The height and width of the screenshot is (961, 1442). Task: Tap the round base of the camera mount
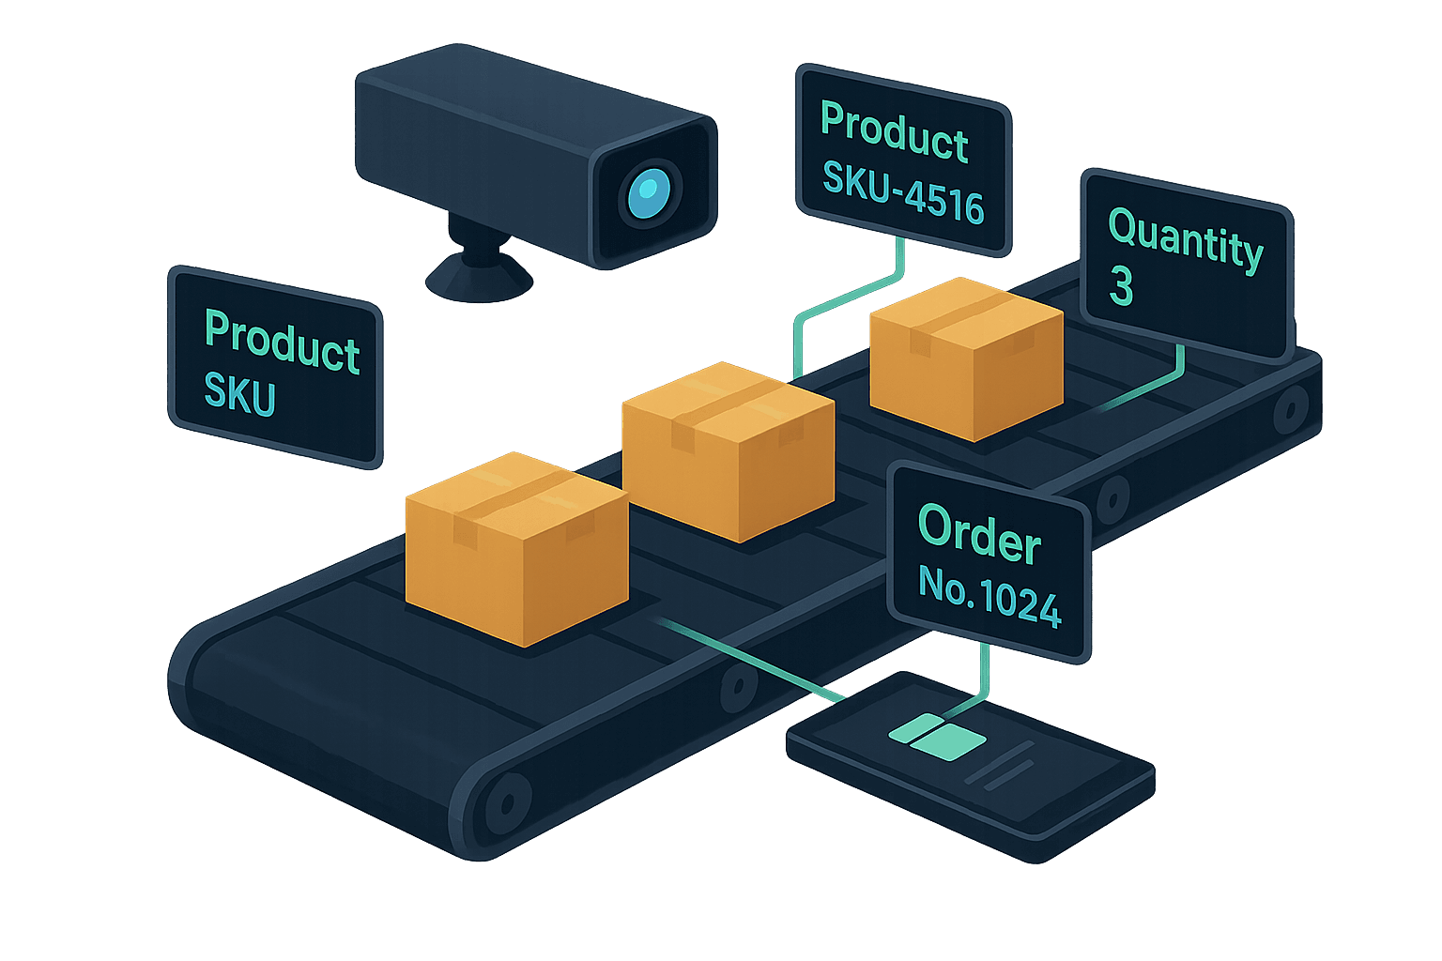479,278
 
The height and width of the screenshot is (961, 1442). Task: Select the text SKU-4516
903,191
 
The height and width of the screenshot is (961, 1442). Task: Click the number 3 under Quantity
1121,284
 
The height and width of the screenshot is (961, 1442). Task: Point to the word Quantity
1186,240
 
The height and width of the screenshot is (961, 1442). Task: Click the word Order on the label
979,534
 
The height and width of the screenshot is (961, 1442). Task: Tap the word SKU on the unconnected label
239,394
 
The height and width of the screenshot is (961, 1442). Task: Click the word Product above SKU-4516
895,132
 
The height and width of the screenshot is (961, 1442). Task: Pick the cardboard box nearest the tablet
517,549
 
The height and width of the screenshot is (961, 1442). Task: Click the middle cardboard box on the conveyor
729,451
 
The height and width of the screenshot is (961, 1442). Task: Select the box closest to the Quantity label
966,359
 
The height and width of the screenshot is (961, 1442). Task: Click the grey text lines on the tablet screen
1000,767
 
